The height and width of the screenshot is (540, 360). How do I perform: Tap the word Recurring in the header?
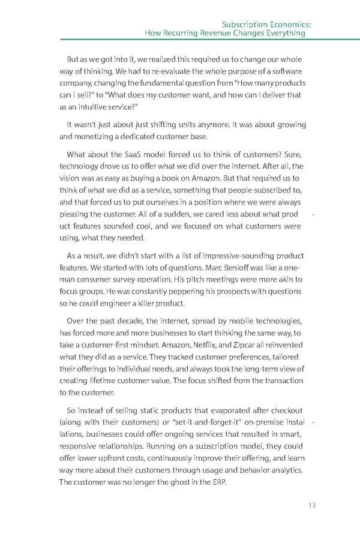coord(187,33)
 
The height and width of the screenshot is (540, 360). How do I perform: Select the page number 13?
coord(311,505)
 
